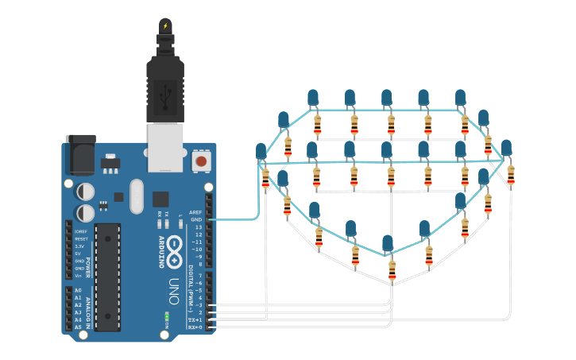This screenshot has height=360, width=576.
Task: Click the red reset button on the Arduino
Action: (x=201, y=161)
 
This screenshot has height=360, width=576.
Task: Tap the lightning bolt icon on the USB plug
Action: (x=165, y=26)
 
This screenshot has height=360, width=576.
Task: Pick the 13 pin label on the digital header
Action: (x=199, y=226)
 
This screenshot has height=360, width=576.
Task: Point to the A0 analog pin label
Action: (x=78, y=291)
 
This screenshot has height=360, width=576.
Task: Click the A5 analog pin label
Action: (x=78, y=327)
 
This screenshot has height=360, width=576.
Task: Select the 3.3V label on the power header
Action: (x=80, y=246)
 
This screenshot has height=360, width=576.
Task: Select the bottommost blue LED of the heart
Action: (x=388, y=242)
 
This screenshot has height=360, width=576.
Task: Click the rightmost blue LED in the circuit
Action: (x=506, y=147)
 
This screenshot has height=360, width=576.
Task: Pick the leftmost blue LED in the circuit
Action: (x=261, y=150)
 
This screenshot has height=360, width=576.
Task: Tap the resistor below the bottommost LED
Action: (x=392, y=270)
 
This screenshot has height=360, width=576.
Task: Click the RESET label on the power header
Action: (x=81, y=238)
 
